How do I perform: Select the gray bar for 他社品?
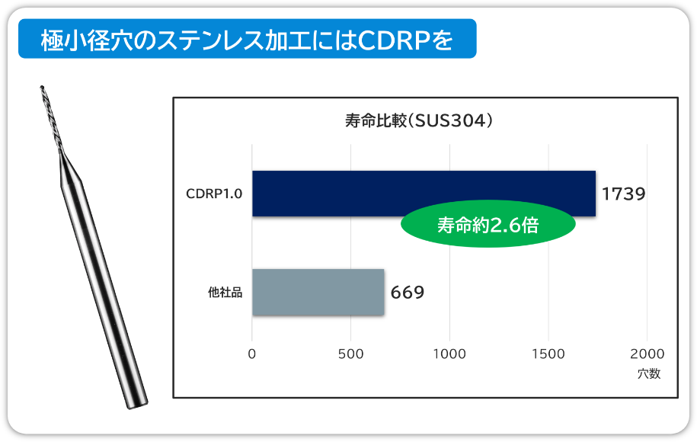[318, 292]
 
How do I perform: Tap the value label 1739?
[623, 194]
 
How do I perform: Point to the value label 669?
[408, 292]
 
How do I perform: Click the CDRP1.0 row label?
[214, 194]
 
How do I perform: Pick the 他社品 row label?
[225, 292]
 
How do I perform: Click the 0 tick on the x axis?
[252, 354]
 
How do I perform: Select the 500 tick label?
[350, 354]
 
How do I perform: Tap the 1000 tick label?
[449, 354]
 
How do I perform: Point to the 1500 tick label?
[548, 354]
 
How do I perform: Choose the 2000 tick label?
[647, 354]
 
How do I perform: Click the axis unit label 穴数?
[649, 373]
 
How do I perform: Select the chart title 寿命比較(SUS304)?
[419, 120]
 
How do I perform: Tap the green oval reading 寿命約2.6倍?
[488, 225]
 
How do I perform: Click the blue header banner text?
[247, 40]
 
